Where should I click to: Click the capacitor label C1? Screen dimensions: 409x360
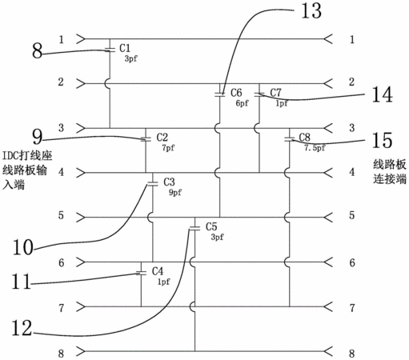[125, 48]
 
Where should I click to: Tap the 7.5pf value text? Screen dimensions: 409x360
[315, 147]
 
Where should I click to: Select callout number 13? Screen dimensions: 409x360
[311, 11]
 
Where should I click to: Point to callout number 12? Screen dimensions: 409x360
[22, 328]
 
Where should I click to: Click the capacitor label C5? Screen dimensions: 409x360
[211, 226]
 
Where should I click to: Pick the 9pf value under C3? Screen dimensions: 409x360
[175, 192]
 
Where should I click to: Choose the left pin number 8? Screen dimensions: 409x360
[61, 354]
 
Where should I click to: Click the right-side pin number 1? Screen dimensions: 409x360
[352, 39]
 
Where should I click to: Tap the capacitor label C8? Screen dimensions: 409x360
[304, 138]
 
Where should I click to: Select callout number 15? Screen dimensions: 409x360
[382, 140]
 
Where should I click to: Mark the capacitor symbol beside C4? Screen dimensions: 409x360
[141, 273]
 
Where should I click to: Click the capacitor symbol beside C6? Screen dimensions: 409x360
[219, 94]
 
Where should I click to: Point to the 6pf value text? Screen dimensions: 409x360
[242, 103]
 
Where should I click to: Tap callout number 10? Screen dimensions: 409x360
[23, 247]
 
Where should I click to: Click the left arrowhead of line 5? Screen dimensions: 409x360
[81, 218]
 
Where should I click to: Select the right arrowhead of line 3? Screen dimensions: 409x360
[328, 128]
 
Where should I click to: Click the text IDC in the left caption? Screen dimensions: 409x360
[10, 155]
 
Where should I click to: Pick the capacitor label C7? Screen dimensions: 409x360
[275, 93]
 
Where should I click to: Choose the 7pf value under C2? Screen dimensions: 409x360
[168, 147]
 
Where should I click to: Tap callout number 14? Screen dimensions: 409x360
[383, 94]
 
